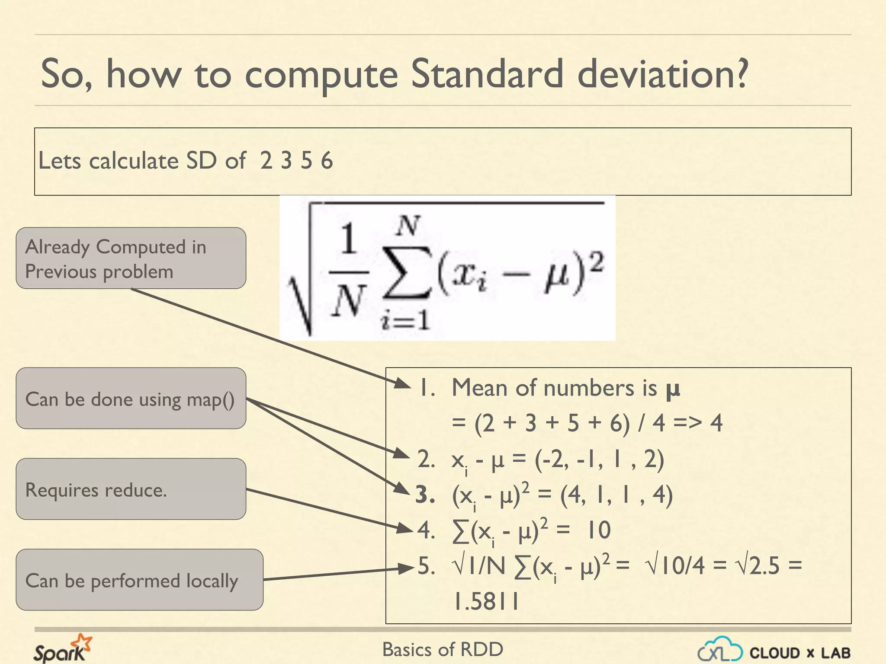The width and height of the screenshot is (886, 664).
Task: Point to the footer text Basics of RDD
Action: click(x=443, y=649)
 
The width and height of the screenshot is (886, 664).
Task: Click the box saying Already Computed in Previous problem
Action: click(x=131, y=258)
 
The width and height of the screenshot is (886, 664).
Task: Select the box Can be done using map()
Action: click(x=131, y=398)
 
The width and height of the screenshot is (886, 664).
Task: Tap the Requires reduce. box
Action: click(x=131, y=489)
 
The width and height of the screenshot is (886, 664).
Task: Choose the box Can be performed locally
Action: click(x=139, y=580)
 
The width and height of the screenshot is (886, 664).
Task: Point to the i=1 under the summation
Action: click(x=405, y=321)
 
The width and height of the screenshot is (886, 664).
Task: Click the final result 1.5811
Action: click(x=485, y=601)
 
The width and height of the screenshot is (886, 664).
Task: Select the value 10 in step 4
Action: click(x=599, y=530)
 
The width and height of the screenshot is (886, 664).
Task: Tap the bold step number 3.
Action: click(x=424, y=495)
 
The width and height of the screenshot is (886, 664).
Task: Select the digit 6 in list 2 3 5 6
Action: click(x=327, y=161)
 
